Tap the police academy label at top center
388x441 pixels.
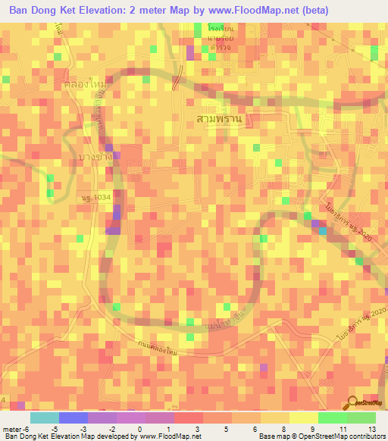(x=202, y=36)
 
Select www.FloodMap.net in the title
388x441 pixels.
(x=265, y=11)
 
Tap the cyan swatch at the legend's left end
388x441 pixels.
(x=44, y=418)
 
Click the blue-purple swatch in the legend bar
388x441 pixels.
(x=73, y=418)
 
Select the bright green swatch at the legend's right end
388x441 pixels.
(x=361, y=418)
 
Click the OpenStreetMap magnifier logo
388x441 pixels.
(x=354, y=402)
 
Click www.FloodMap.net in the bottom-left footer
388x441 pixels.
(x=166, y=436)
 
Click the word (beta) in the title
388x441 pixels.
(x=346, y=11)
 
